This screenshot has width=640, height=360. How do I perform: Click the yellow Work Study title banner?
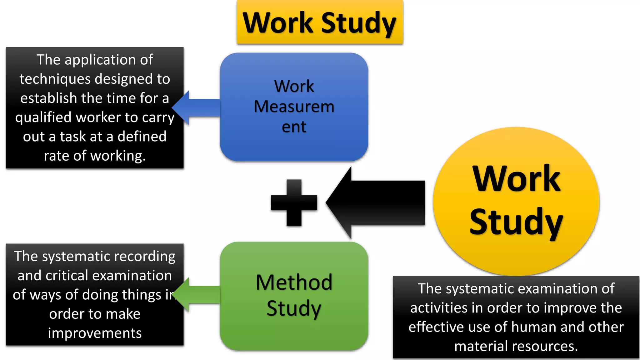click(320, 22)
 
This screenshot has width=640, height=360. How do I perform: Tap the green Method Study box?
click(294, 334)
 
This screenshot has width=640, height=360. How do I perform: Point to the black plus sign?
click(294, 202)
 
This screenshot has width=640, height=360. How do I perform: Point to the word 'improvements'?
click(95, 333)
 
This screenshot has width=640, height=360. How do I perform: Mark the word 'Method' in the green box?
click(294, 282)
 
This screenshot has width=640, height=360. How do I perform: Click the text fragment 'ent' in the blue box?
click(294, 127)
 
